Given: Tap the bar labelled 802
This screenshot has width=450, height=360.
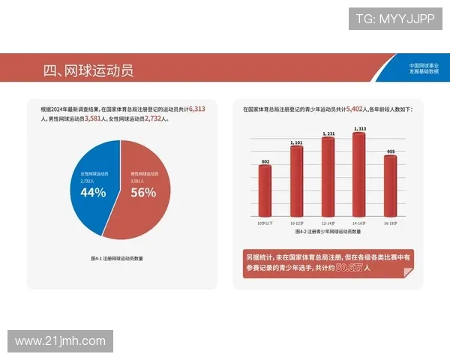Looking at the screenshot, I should (x=265, y=190).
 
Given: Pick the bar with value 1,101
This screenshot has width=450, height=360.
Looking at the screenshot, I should (x=296, y=181).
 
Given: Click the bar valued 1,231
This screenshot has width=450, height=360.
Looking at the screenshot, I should (x=328, y=176).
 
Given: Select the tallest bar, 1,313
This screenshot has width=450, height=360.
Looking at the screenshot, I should (x=358, y=173).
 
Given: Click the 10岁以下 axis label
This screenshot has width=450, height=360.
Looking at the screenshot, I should (x=265, y=223).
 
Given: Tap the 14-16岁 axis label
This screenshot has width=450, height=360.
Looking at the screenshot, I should (x=359, y=223).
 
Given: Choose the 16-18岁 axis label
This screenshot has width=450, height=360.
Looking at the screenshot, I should (x=390, y=223).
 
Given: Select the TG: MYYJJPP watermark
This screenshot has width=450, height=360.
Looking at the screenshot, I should (x=394, y=18).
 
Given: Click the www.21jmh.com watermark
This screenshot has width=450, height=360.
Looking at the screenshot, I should (x=60, y=341).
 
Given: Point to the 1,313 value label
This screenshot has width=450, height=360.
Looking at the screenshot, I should (x=359, y=129).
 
